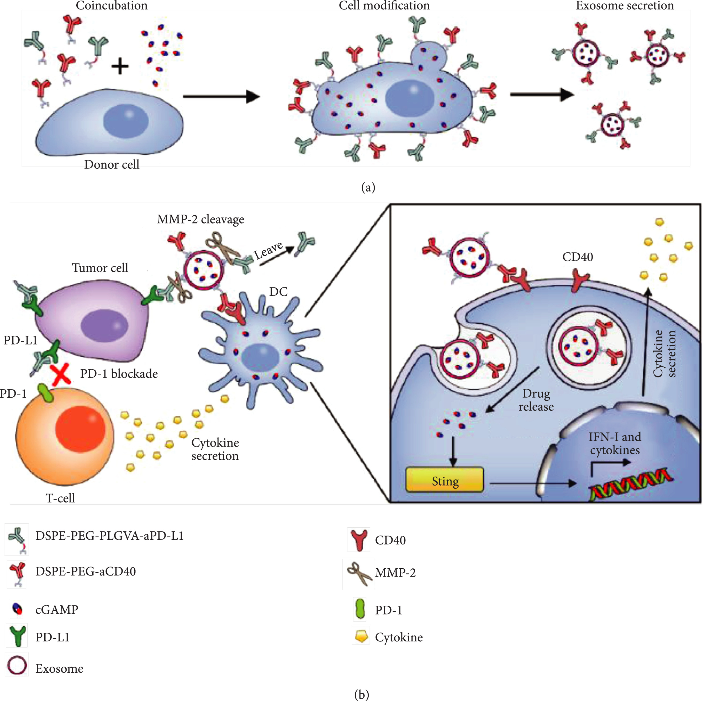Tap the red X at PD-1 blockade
(x=61, y=375)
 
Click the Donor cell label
(x=112, y=165)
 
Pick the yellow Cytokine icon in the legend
(x=361, y=635)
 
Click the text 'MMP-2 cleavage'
(x=200, y=219)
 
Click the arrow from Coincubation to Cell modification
(x=221, y=96)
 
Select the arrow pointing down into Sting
(x=453, y=451)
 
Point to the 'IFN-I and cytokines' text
(x=615, y=443)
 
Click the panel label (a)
(x=368, y=187)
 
